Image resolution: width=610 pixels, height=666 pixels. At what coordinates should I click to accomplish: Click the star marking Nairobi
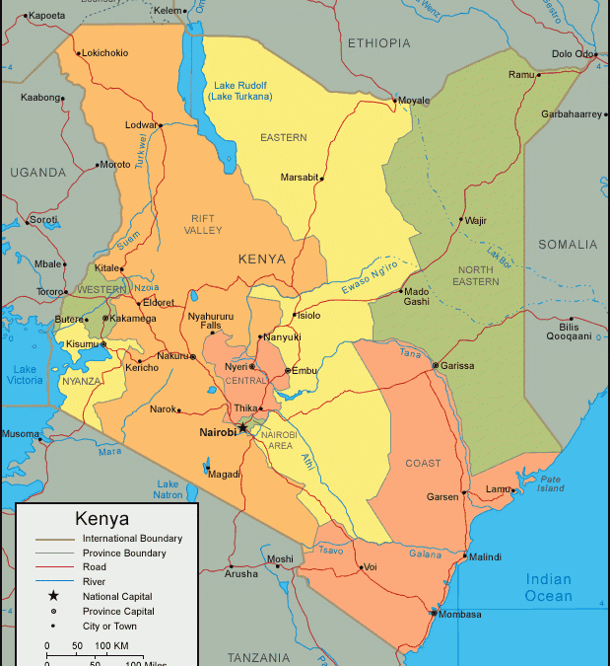tap(242, 427)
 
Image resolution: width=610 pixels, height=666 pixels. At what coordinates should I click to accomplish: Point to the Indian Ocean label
tap(549, 587)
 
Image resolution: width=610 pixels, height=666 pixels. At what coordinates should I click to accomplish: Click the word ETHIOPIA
tap(378, 42)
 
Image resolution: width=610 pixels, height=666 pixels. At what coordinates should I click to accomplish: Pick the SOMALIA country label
tap(568, 244)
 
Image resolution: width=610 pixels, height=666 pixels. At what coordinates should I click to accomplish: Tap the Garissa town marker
tap(436, 366)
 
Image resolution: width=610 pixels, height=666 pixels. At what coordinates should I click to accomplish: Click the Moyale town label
tap(415, 101)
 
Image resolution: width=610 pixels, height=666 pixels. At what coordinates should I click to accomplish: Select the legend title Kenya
tap(102, 518)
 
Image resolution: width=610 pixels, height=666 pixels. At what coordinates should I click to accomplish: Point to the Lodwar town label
tap(141, 125)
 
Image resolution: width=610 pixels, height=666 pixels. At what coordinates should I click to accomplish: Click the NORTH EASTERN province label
tap(476, 275)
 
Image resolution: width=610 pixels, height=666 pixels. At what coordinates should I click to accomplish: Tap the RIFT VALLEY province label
tap(204, 224)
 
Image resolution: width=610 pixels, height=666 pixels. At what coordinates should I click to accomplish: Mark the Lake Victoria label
tap(25, 376)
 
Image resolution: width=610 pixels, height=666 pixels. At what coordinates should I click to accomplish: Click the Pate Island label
tap(550, 483)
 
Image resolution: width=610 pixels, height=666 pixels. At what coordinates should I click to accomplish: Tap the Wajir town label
tap(476, 220)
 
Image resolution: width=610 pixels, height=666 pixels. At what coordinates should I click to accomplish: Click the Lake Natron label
tap(169, 489)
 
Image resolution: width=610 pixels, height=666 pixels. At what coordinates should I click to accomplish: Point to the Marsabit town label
tap(300, 178)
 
